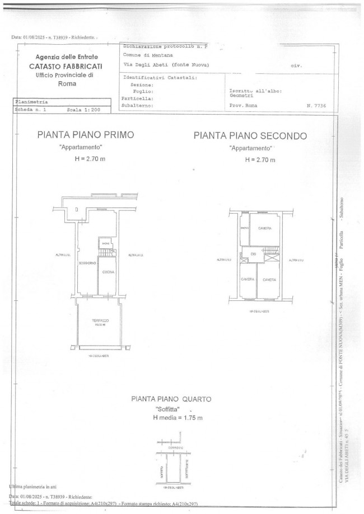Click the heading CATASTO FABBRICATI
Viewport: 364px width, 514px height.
point(67,66)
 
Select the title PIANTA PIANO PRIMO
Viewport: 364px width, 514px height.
point(85,135)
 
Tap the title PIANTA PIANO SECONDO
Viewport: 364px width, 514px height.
point(250,135)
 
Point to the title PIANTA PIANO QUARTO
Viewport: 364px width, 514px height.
point(171,399)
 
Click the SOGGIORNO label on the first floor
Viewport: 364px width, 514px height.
point(87,263)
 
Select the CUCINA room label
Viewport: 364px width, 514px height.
point(108,272)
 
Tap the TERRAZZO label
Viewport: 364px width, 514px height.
point(101,320)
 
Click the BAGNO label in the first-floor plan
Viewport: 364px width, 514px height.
point(105,244)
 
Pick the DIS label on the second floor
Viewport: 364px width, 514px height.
point(253,255)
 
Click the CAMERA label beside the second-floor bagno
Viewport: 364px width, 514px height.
point(265,228)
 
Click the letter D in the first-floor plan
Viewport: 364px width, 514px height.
point(75,209)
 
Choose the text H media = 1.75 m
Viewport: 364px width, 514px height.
point(178,418)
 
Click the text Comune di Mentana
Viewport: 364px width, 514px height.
point(148,55)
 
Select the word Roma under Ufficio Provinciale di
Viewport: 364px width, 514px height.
point(67,84)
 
